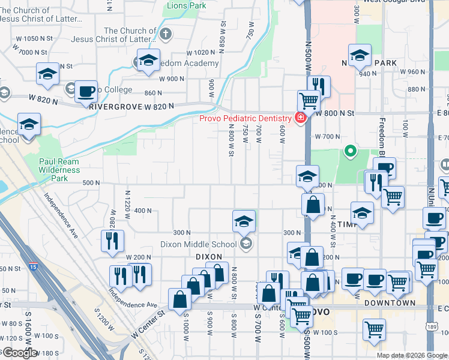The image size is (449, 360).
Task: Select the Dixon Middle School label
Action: click(x=199, y=244)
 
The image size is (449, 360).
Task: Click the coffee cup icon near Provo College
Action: click(x=87, y=91)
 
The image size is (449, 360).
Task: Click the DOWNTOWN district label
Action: click(x=390, y=304)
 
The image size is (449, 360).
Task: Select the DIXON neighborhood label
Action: click(x=209, y=257)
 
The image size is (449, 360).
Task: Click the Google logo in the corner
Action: click(x=19, y=353)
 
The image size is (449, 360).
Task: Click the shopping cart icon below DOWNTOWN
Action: click(x=374, y=329)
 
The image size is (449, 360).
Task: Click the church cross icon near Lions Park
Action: click(x=166, y=34)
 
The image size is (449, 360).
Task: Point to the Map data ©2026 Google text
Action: click(x=412, y=355)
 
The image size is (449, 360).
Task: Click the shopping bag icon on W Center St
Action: click(x=180, y=298)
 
